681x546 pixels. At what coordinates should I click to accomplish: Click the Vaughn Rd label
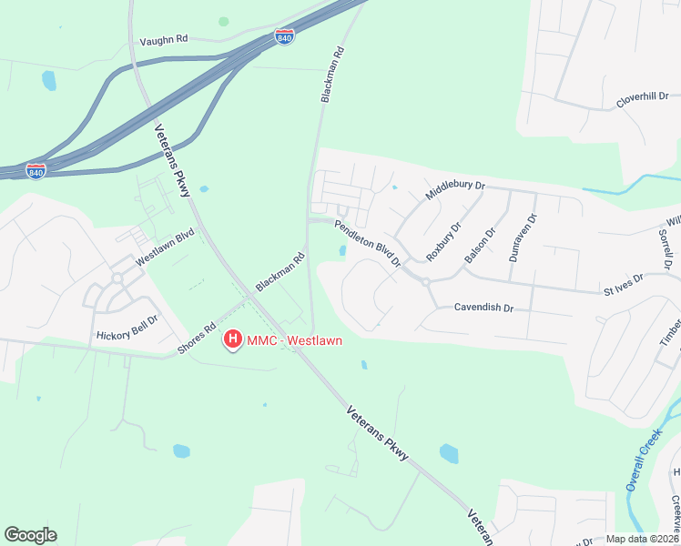coord(163,41)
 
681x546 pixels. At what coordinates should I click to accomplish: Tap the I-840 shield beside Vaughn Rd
coord(284,38)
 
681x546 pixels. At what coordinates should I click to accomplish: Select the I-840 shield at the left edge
coord(36,171)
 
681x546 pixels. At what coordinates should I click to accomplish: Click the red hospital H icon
coord(233,340)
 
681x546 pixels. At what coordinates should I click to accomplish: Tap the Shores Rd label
coord(198,339)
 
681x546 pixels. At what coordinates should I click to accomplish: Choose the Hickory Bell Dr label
coord(127,326)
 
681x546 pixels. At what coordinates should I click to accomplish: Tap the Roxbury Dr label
coord(444,239)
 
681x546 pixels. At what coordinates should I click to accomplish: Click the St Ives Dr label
coord(624,283)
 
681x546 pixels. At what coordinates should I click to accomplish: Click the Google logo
coord(30,535)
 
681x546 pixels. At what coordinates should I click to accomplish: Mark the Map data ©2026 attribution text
coord(643,539)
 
